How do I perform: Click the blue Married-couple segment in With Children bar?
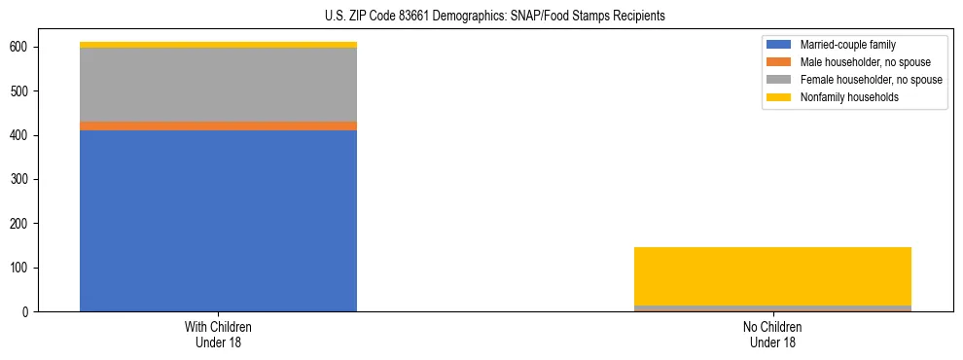pyautogui.click(x=218, y=221)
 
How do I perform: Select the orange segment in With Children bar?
pyautogui.click(x=218, y=126)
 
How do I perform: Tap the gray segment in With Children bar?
pyautogui.click(x=218, y=85)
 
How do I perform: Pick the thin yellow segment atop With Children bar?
pyautogui.click(x=218, y=45)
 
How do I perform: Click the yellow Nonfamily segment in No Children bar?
pyautogui.click(x=772, y=276)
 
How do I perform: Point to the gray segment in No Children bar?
pyautogui.click(x=772, y=308)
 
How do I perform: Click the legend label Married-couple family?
pyautogui.click(x=847, y=45)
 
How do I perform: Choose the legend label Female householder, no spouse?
pyautogui.click(x=871, y=80)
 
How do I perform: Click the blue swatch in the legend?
pyautogui.click(x=779, y=45)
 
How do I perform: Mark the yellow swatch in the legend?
pyautogui.click(x=779, y=97)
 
